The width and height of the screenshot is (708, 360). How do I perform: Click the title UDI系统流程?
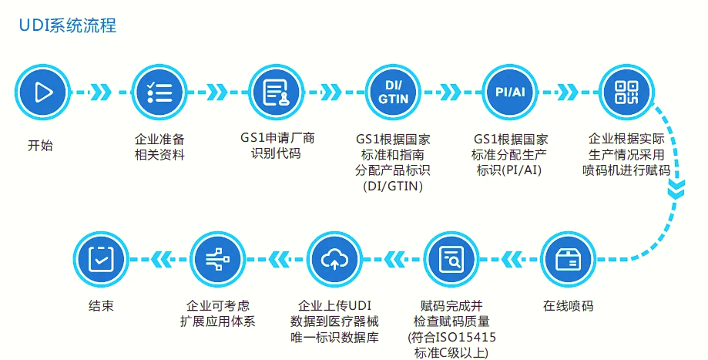tap(68, 25)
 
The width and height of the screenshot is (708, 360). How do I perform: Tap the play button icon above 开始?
tap(43, 93)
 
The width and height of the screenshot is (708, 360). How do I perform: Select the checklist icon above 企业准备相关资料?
tap(159, 93)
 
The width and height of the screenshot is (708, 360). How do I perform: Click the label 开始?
tap(41, 145)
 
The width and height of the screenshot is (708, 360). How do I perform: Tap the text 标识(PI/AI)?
tap(510, 170)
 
